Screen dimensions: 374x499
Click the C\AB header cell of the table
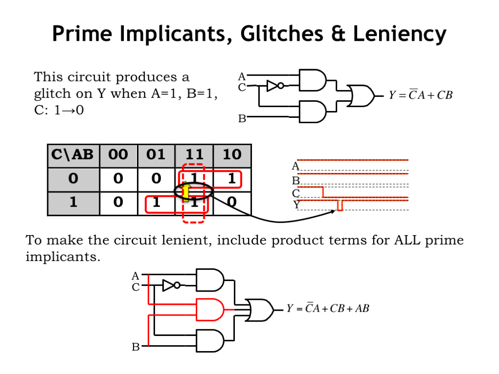[73, 155]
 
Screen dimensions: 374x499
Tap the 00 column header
[118, 155]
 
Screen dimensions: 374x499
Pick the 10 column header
[232, 155]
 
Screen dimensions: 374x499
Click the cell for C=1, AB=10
[232, 202]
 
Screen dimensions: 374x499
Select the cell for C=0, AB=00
[118, 179]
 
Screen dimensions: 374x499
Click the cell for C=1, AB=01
[156, 202]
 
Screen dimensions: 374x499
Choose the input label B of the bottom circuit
[135, 347]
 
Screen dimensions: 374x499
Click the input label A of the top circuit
[242, 76]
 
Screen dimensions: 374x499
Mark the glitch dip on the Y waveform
[340, 206]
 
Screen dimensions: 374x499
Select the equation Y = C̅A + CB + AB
[327, 308]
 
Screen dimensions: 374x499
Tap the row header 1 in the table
[73, 202]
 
